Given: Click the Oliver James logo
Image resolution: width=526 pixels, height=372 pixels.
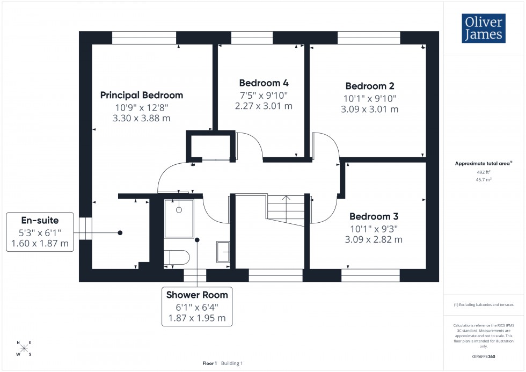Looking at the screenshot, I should click(483, 28).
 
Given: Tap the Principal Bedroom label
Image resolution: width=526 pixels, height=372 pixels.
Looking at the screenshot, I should click(142, 95).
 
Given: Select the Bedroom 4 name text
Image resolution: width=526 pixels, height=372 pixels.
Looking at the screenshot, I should click(264, 83).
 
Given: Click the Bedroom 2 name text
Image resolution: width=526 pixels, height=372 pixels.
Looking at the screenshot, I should click(370, 86).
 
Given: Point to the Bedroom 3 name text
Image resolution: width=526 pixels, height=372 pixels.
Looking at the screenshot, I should click(374, 217).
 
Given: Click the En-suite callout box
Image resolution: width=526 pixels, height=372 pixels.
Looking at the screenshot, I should click(40, 232).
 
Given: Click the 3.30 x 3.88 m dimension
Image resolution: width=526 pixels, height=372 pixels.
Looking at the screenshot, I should click(142, 118).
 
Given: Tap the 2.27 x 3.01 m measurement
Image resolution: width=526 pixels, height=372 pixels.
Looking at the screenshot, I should click(264, 106).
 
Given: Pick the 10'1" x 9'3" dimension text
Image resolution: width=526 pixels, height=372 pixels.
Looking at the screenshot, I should click(374, 228).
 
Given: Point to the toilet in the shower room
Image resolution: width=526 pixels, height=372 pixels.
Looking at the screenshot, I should click(176, 257).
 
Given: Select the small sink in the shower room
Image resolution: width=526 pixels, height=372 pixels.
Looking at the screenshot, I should click(223, 251).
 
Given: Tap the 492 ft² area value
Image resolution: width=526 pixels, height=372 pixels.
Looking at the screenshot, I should click(484, 172).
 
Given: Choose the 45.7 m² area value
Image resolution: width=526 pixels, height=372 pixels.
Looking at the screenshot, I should click(484, 180).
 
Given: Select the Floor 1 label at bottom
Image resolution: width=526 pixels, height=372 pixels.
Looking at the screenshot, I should click(209, 363).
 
